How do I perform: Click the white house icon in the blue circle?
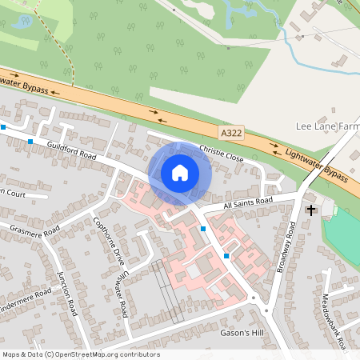[180, 172]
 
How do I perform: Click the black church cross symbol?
[311, 210]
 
